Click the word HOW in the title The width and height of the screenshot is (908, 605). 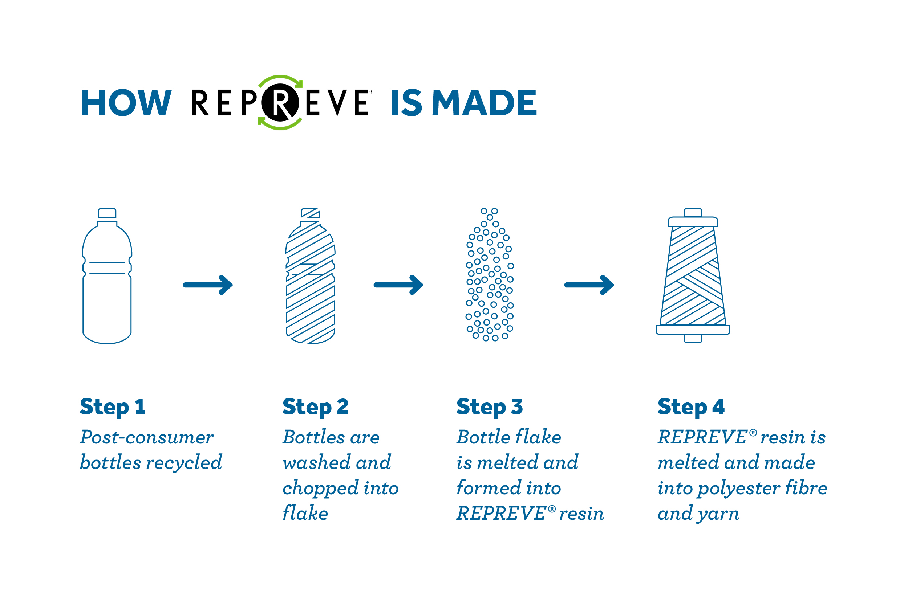126,103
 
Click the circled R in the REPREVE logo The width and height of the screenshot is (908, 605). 280,103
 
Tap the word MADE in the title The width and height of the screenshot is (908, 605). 485,103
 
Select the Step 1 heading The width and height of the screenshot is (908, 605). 112,407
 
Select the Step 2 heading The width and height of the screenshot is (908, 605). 315,407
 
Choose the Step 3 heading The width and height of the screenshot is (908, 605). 490,407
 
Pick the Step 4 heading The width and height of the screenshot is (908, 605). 691,407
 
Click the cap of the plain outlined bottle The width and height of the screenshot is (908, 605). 107,213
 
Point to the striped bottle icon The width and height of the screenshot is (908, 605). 311,276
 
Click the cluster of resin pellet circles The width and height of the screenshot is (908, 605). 490,275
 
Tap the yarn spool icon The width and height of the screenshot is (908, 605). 693,275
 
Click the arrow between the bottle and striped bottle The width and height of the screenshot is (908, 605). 208,285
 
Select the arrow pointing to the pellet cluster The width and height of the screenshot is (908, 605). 399,285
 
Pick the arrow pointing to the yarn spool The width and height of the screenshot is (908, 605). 589,285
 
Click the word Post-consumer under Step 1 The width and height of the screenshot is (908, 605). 147,438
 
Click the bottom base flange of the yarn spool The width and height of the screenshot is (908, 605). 693,330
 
